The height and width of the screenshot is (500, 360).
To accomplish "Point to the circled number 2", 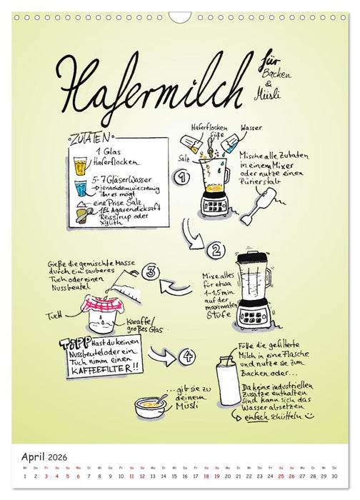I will (x=214, y=250).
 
